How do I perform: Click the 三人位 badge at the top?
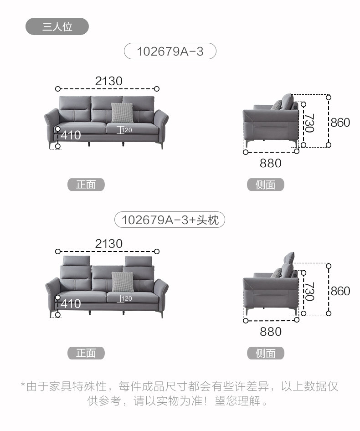coord(57,27)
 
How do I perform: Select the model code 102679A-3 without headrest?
coord(170,51)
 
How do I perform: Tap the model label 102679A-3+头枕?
coord(170,220)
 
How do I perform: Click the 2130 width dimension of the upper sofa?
coord(108,81)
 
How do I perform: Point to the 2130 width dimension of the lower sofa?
coord(108,244)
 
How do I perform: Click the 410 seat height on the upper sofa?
coord(71,135)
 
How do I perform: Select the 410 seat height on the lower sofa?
coord(71,303)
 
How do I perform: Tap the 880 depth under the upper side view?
coord(271,163)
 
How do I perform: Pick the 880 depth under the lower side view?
coord(271,331)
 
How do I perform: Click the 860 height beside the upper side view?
coord(340,123)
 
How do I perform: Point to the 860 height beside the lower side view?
coord(340,291)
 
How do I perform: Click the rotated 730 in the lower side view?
coord(310,292)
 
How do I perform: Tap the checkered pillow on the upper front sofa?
coord(122,113)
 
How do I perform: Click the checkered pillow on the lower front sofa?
coord(122,281)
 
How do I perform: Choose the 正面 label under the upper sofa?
coord(86,185)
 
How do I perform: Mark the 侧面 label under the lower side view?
coord(266,353)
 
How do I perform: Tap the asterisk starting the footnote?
coord(23,386)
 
